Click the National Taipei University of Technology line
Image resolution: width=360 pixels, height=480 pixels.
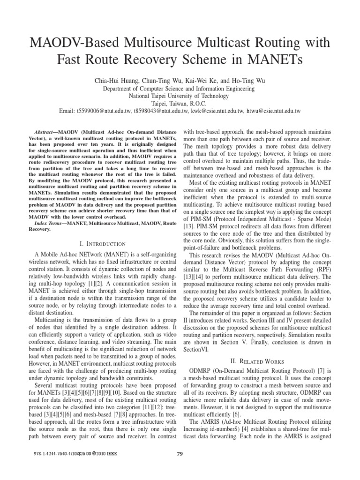(x=180, y=96)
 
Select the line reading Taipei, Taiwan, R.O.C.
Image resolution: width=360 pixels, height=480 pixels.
(x=180, y=104)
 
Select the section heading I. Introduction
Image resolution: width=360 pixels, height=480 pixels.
(x=103, y=244)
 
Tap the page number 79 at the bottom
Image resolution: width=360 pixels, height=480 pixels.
(x=180, y=466)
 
